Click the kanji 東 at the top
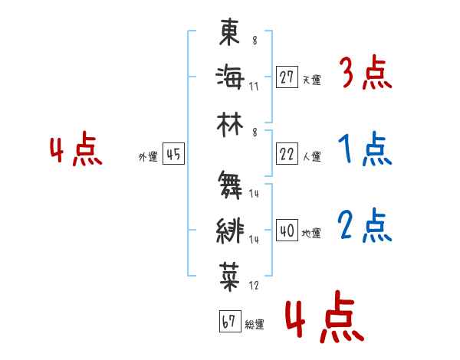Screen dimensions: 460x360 pyautogui.click(x=230, y=34)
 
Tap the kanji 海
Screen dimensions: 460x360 pyautogui.click(x=230, y=78)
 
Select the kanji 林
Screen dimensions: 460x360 pyautogui.click(x=230, y=123)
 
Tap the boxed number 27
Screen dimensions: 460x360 pyautogui.click(x=286, y=77)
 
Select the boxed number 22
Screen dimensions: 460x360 pyautogui.click(x=286, y=154)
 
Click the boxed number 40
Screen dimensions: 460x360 pyautogui.click(x=286, y=231)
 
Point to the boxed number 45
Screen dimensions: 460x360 pyautogui.click(x=173, y=155)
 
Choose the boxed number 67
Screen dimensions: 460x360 pyautogui.click(x=228, y=322)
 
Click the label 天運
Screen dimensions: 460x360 pyautogui.click(x=311, y=80)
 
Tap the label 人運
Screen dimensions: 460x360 pyautogui.click(x=311, y=156)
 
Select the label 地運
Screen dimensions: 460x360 pyautogui.click(x=311, y=233)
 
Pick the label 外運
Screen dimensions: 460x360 pyautogui.click(x=147, y=157)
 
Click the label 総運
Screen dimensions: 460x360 pyautogui.click(x=255, y=324)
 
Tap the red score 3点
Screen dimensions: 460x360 pyautogui.click(x=365, y=74)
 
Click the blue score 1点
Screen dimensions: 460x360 pyautogui.click(x=365, y=150)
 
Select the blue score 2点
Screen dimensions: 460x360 pyautogui.click(x=365, y=225)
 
